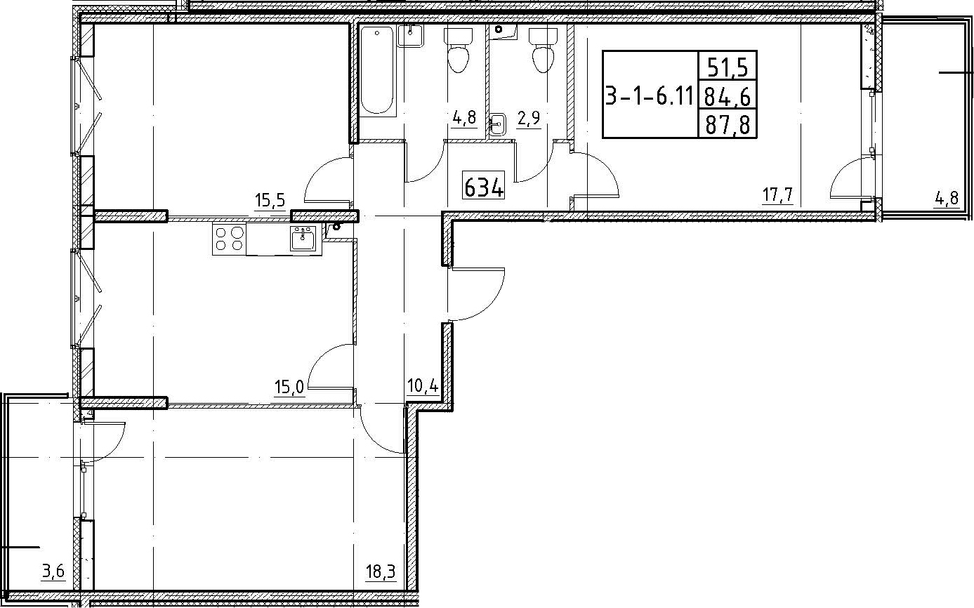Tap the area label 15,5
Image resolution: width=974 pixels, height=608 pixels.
coord(270,201)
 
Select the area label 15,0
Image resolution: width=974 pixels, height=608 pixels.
coord(289,386)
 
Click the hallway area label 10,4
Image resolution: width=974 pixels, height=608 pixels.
coord(423,385)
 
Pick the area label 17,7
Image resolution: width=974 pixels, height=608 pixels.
coord(778,195)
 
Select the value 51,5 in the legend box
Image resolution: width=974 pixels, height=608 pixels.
coord(728,68)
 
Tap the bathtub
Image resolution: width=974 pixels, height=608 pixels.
coord(377,71)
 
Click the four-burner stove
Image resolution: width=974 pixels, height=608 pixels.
coord(229,239)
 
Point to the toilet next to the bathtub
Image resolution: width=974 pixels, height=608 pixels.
coord(458,51)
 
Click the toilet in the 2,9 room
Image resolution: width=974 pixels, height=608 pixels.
coord(543,51)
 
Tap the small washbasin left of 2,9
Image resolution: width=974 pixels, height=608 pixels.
coord(497,124)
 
